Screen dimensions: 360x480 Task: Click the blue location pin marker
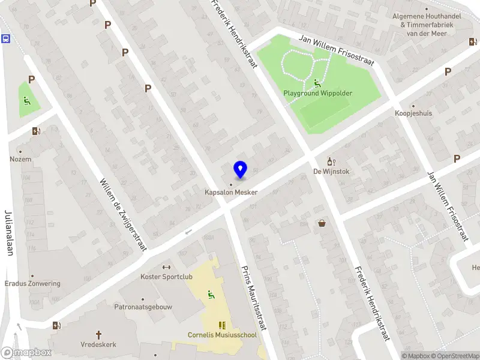tap(240, 170)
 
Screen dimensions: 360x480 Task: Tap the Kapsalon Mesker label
tap(231, 192)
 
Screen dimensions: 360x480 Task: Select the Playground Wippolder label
tap(317, 94)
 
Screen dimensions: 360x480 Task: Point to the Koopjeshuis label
tap(413, 113)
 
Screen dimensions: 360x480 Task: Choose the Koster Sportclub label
tap(166, 277)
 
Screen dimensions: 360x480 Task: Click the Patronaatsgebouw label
tap(143, 307)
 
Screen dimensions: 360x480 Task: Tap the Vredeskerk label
tap(98, 344)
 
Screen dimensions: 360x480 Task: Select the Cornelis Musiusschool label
tap(222, 335)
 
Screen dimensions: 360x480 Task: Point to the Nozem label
tap(20, 159)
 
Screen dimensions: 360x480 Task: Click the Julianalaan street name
tap(9, 233)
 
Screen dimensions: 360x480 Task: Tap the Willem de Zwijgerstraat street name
tap(122, 215)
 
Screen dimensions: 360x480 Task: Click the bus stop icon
tap(6, 39)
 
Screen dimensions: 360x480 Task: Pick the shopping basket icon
tap(322, 223)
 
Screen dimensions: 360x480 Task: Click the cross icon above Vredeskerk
tap(98, 334)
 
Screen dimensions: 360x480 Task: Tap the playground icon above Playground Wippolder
tap(317, 83)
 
